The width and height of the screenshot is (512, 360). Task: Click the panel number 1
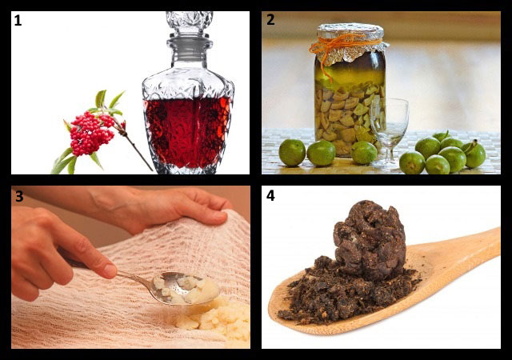pos(18,21)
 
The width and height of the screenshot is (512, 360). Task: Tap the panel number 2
pos(270,20)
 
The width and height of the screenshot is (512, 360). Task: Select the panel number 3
pos(19,196)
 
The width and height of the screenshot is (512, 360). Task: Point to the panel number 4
pos(270,195)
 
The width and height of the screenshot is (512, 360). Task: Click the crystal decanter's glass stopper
pos(190,23)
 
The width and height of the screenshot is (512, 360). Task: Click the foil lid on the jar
pos(350,42)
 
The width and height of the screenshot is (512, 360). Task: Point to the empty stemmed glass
pos(390,130)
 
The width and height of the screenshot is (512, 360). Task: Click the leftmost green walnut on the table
pos(292,153)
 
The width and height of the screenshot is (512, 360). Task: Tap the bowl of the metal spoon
pos(185,288)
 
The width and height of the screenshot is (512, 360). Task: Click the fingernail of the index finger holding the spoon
pos(110,271)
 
